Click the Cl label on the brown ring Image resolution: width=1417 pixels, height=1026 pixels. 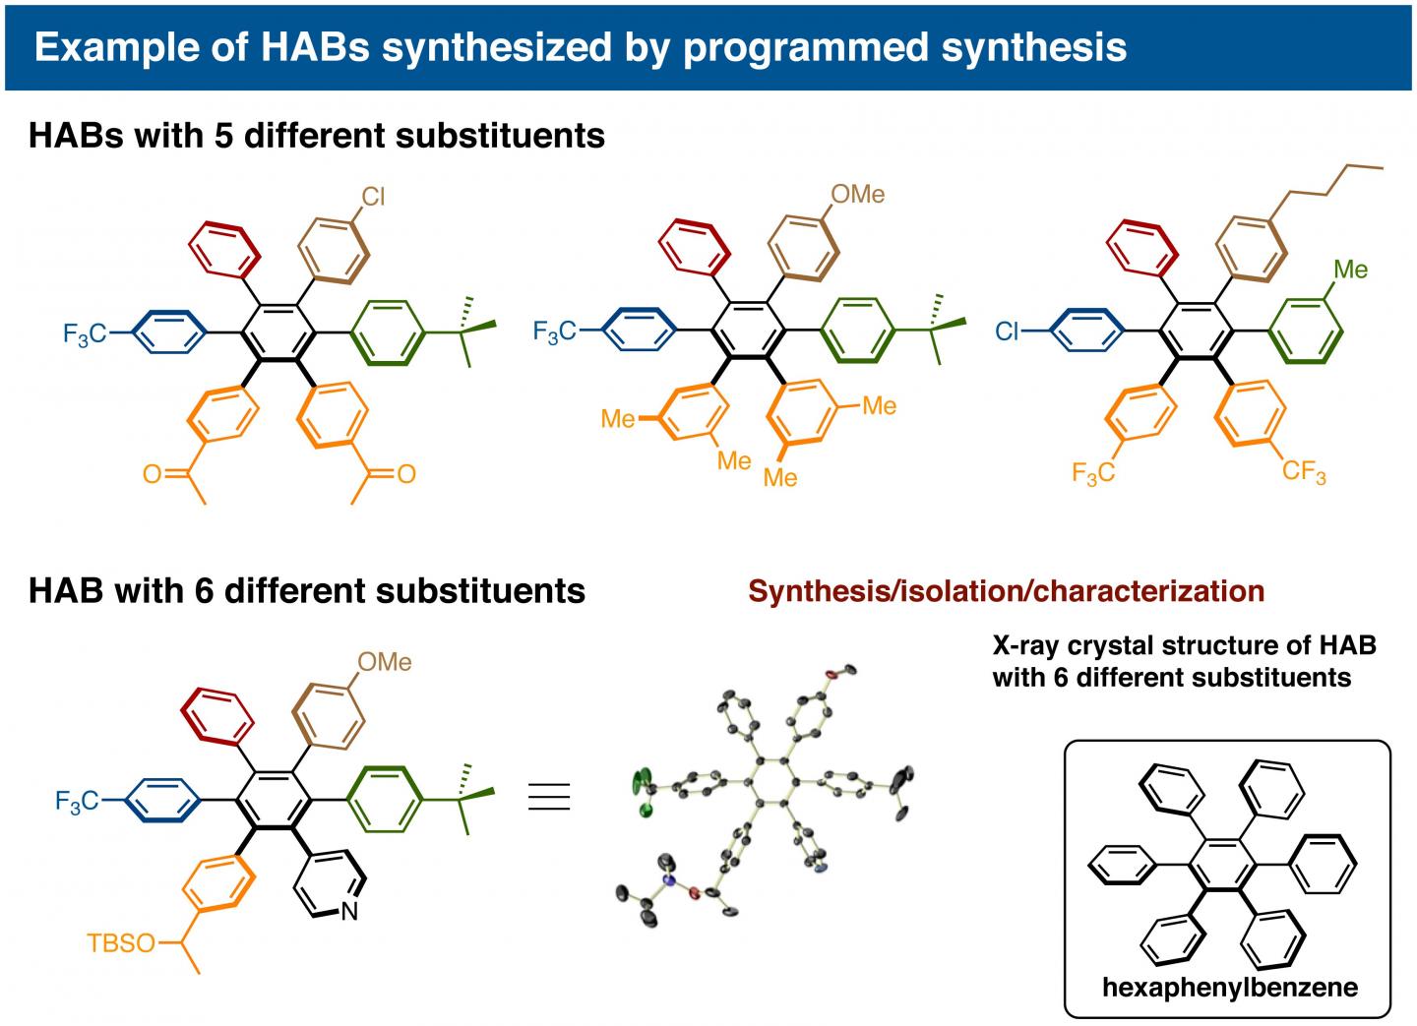coord(373,198)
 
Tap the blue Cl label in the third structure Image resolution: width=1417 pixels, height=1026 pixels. coord(1008,332)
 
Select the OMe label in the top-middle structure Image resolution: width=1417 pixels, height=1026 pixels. coord(857,195)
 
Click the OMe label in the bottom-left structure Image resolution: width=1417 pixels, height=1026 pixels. coord(384,662)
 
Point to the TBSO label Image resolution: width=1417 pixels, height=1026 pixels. coord(121,944)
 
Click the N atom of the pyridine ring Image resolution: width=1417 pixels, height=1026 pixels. coord(348,913)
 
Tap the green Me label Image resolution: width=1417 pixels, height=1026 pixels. coord(1350,269)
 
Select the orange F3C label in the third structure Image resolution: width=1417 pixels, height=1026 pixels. coord(1093,475)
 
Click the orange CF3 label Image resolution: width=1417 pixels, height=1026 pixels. coord(1304,473)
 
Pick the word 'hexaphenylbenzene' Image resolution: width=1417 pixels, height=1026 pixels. coord(1230,987)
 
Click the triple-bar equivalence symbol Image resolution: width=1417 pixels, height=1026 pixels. coord(549,796)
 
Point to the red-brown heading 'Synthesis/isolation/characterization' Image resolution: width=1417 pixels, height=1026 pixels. coord(1006,590)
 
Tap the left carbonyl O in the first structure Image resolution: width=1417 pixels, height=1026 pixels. coord(152,475)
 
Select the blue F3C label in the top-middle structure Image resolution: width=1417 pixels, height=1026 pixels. coord(555,332)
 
